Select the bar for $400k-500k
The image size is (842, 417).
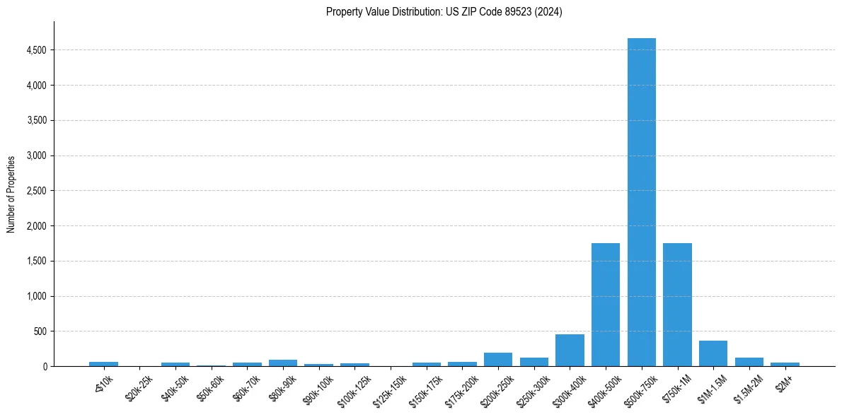606,305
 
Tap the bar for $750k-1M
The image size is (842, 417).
677,305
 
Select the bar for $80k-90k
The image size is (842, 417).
283,363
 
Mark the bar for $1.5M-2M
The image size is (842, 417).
749,362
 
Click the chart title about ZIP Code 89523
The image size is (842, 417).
444,12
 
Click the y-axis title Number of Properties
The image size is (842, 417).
11,194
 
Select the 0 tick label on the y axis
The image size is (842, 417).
44,366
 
